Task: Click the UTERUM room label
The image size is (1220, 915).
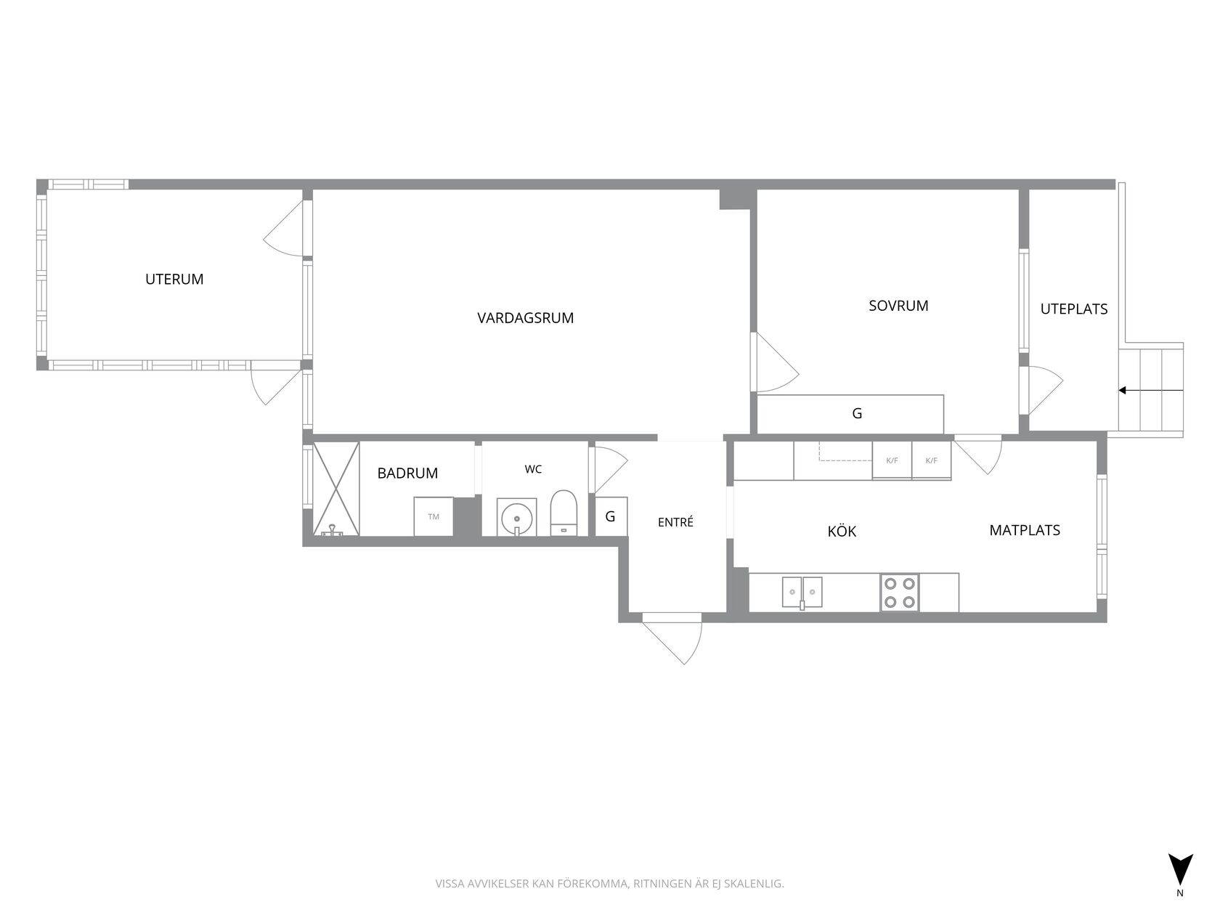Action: pos(174,279)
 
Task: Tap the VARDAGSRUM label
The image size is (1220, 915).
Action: pos(525,318)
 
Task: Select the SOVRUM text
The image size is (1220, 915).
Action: pos(898,306)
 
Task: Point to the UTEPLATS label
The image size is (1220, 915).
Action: pos(1073,309)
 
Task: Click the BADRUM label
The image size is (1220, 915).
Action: pos(407,473)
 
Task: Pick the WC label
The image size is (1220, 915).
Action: pos(533,469)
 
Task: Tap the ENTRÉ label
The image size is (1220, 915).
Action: pos(675,521)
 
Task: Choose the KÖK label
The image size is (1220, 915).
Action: pos(842,531)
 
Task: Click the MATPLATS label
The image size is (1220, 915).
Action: pos(1025,530)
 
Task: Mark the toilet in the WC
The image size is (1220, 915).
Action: pos(564,513)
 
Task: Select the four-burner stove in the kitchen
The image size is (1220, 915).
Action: pos(899,593)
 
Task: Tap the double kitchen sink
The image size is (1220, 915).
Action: pos(802,593)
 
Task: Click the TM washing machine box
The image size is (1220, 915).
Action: pos(434,516)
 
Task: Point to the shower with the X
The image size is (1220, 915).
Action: pos(336,489)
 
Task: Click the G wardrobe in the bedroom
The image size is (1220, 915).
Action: pos(850,414)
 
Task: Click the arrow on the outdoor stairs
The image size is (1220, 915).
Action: pos(1150,391)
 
